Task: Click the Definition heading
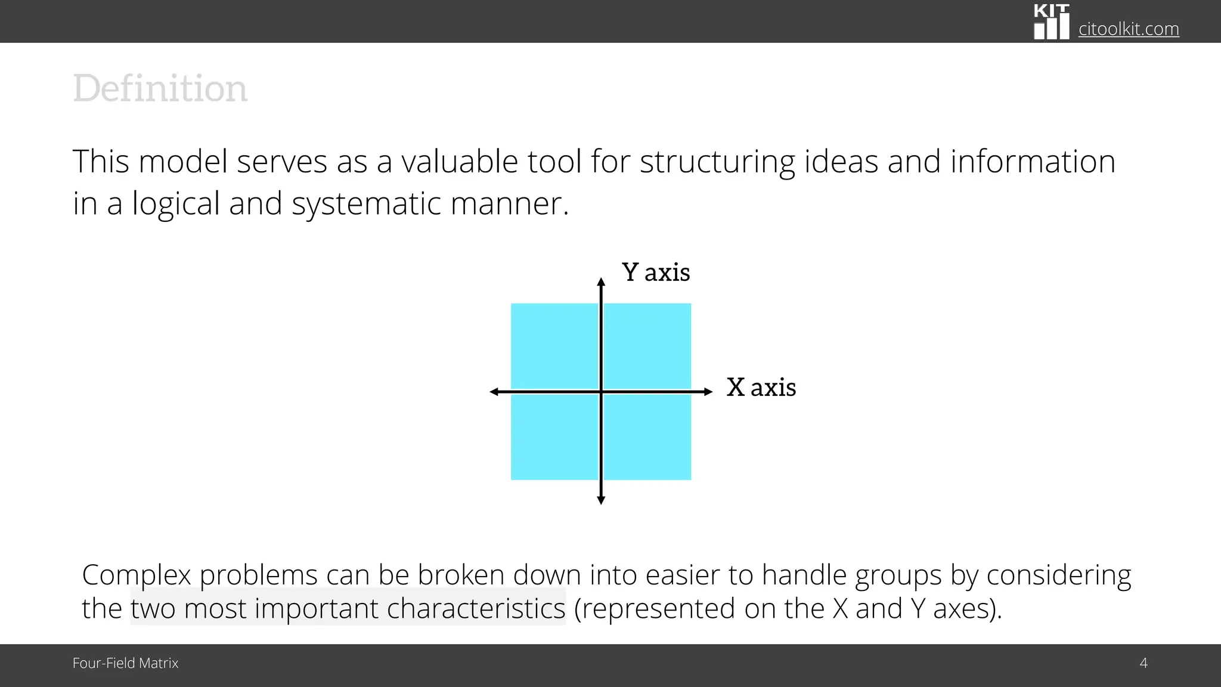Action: click(x=160, y=88)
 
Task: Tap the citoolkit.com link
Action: click(x=1128, y=29)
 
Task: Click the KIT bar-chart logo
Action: click(x=1051, y=23)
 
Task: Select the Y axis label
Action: click(x=656, y=273)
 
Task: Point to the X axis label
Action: click(x=761, y=388)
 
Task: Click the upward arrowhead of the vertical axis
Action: click(x=601, y=282)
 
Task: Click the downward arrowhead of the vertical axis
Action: click(x=601, y=500)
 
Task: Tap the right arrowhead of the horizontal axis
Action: click(x=708, y=392)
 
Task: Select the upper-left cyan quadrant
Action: click(x=554, y=346)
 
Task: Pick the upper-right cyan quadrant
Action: click(x=647, y=346)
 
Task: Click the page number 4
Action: click(x=1143, y=663)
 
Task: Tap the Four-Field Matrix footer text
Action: click(x=125, y=663)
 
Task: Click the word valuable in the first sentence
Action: click(x=459, y=162)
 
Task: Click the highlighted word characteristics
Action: click(x=476, y=609)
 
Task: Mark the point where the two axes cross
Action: click(x=601, y=392)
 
